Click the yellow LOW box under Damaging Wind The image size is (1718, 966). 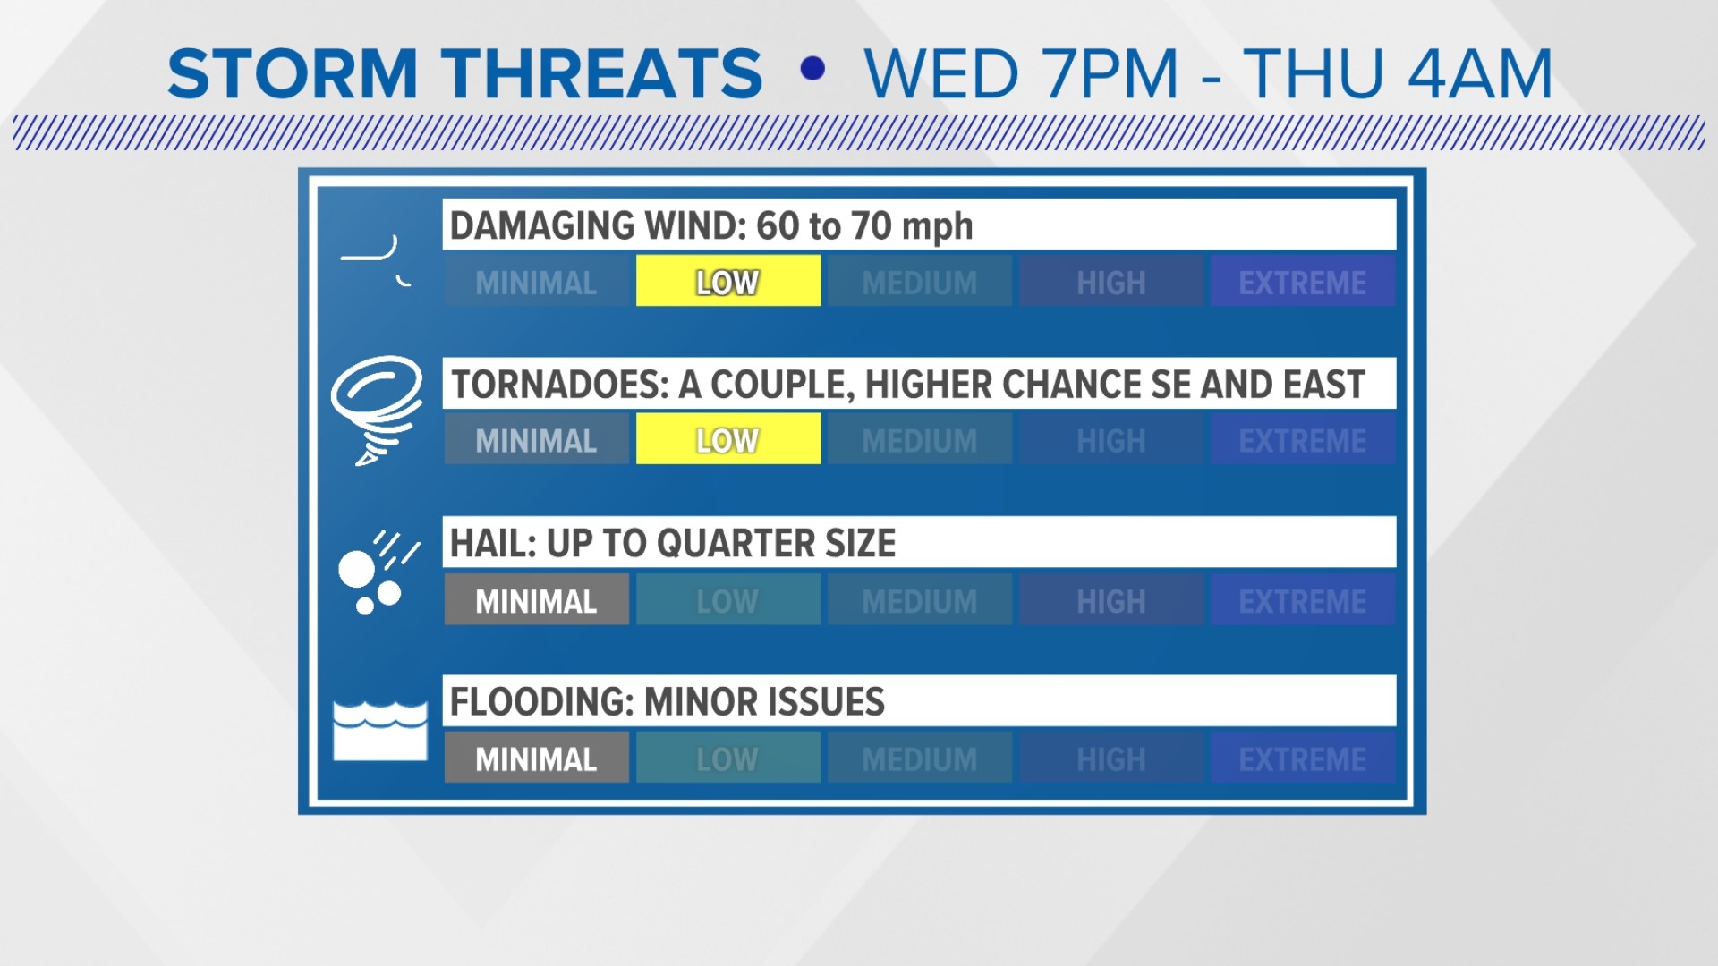[728, 281]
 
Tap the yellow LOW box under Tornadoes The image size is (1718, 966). [728, 438]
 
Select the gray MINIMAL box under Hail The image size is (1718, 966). [537, 598]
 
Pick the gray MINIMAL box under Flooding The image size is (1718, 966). [537, 757]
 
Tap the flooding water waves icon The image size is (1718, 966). [380, 731]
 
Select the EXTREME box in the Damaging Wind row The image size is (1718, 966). [1303, 281]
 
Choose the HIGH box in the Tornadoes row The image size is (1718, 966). [1111, 438]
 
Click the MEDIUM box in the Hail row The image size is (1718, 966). [920, 598]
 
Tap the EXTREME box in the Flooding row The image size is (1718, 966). [1303, 757]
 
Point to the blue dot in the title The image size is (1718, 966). [812, 69]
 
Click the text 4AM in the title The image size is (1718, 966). [1479, 73]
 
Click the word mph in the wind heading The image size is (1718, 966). [937, 227]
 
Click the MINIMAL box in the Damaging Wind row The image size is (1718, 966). [537, 281]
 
